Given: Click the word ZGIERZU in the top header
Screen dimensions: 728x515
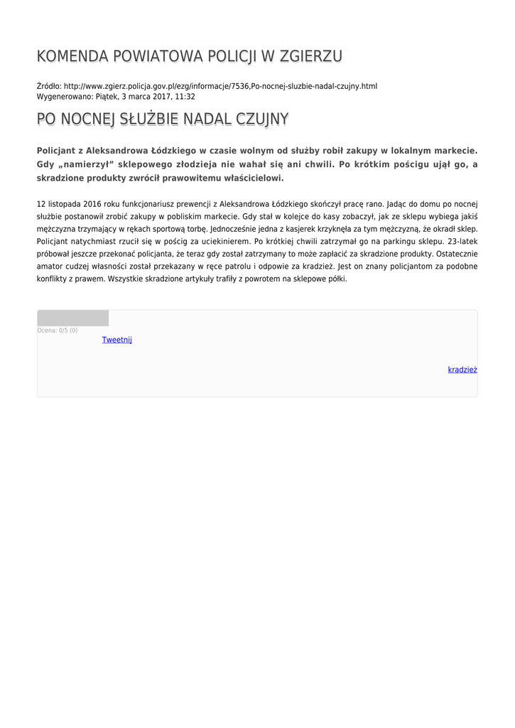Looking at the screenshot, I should coord(311,57).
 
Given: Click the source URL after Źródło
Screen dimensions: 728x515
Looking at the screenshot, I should coord(220,86).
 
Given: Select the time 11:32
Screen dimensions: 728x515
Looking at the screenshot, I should coord(185,96).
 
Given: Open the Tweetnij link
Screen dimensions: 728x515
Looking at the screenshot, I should coord(117,340).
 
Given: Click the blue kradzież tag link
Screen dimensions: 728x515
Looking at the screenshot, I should coord(462,370).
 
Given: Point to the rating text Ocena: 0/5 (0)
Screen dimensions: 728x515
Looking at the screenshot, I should coord(58,331).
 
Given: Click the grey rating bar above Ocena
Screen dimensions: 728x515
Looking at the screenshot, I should coord(72,318).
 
